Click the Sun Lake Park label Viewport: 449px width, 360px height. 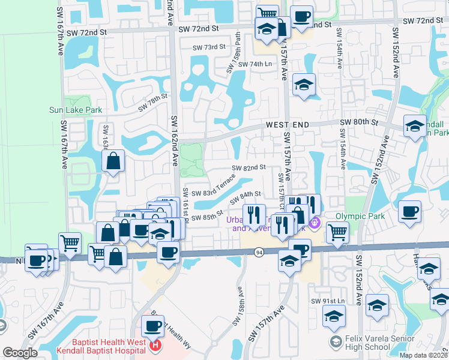click(x=76, y=110)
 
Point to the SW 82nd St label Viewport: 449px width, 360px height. click(x=249, y=168)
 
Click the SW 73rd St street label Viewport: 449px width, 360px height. click(x=209, y=47)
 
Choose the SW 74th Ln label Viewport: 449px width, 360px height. click(x=255, y=65)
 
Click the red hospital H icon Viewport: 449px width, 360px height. click(x=155, y=345)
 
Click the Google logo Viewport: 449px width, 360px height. click(x=20, y=353)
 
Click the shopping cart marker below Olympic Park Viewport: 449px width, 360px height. click(x=337, y=231)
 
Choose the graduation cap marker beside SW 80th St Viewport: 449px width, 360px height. click(x=414, y=125)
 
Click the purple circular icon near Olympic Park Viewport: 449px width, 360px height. click(x=316, y=224)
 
